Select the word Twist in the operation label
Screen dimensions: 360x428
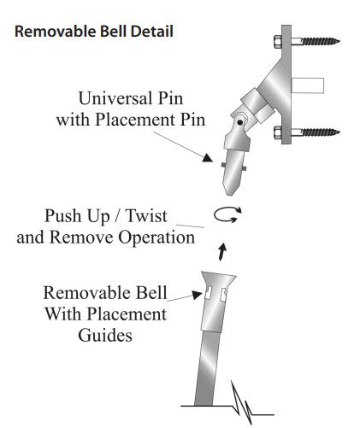146,215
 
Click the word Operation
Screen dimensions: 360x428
156,238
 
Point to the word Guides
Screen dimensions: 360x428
105,335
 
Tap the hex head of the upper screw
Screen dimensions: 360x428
278,42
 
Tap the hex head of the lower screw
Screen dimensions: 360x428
278,132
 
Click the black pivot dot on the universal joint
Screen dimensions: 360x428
240,122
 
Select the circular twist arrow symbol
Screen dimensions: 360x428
227,214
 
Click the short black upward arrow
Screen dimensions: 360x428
222,252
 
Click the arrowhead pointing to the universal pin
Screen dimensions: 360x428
208,158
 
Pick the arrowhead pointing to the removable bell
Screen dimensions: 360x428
197,295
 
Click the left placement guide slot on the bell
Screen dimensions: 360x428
209,293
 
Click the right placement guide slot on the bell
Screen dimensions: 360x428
224,295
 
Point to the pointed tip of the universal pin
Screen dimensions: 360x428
230,195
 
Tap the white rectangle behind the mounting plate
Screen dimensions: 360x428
308,85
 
